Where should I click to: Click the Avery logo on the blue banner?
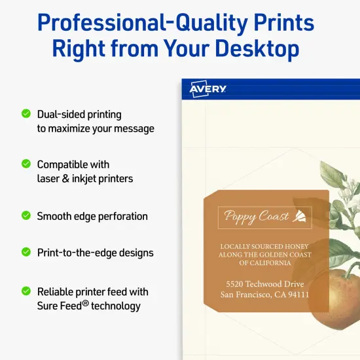click(207, 89)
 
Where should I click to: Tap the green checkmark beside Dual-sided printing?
click(26, 113)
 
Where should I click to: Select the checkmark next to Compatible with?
click(26, 164)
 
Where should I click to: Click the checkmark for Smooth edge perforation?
click(26, 215)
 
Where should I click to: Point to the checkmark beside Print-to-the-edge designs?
click(26, 251)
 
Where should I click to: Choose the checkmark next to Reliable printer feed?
click(26, 291)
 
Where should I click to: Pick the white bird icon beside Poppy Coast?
click(298, 216)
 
